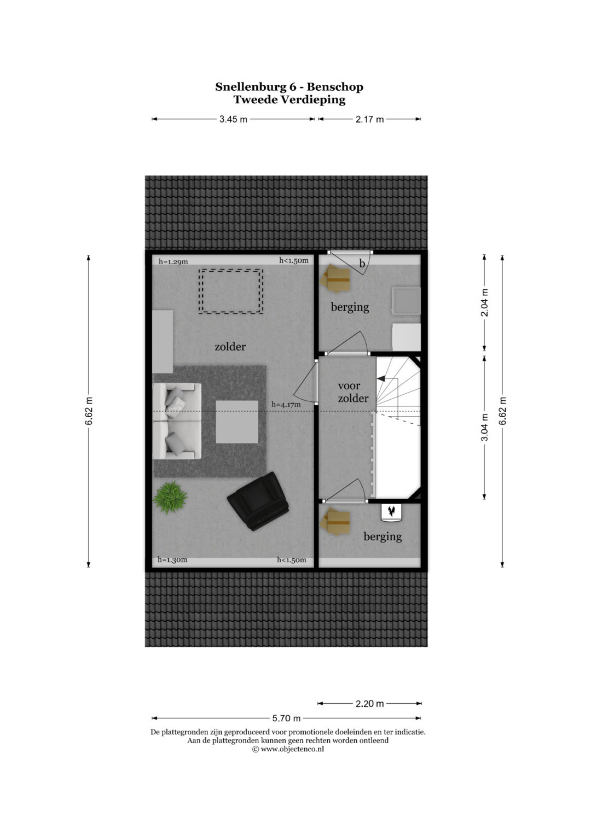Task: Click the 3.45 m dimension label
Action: click(233, 119)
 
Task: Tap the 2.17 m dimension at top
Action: click(369, 119)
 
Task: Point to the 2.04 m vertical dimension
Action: click(484, 303)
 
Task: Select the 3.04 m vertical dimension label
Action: click(484, 427)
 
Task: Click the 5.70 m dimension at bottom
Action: click(286, 718)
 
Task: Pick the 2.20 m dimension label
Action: click(369, 704)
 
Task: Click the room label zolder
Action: click(230, 347)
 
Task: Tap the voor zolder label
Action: click(353, 392)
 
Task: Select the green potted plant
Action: click(170, 498)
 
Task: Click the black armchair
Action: click(258, 501)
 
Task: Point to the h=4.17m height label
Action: click(286, 404)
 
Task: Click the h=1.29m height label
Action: click(173, 262)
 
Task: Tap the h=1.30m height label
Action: click(172, 559)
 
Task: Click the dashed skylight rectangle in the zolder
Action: click(230, 291)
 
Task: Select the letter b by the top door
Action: click(362, 264)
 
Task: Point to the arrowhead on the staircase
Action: click(380, 379)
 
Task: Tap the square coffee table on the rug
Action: click(237, 422)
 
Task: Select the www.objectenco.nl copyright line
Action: click(288, 749)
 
